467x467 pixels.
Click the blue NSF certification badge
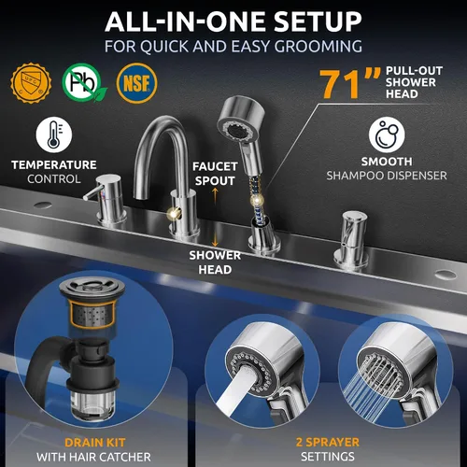pyautogui.click(x=136, y=83)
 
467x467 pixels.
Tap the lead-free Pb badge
pyautogui.click(x=83, y=82)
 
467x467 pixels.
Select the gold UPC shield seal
pyautogui.click(x=31, y=83)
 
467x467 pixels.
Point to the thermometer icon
pyautogui.click(x=54, y=134)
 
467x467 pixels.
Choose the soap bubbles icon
pyautogui.click(x=387, y=134)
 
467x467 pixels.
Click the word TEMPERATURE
pyautogui.click(x=54, y=165)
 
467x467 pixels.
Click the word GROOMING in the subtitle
pyautogui.click(x=318, y=47)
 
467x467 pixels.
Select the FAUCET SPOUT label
pyautogui.click(x=215, y=174)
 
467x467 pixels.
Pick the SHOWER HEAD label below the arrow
pyautogui.click(x=215, y=262)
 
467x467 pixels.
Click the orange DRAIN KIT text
pyautogui.click(x=95, y=443)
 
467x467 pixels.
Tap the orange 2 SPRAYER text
pyautogui.click(x=328, y=442)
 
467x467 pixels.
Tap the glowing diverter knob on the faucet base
pyautogui.click(x=173, y=213)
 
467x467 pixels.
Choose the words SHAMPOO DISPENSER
pyautogui.click(x=387, y=176)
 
